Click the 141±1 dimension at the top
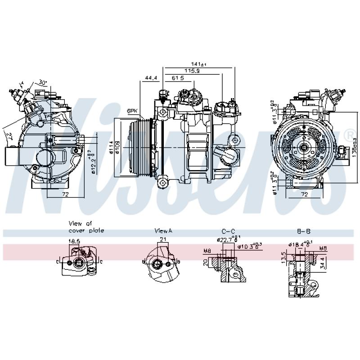point(198,64)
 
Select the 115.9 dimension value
point(192,71)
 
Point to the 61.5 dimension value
point(178,78)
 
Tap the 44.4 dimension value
point(151,78)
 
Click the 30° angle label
point(43,82)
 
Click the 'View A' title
point(163,231)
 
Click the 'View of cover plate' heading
point(86,227)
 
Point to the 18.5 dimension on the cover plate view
point(74,242)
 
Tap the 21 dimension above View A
point(163,239)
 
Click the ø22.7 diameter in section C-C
point(225,239)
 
